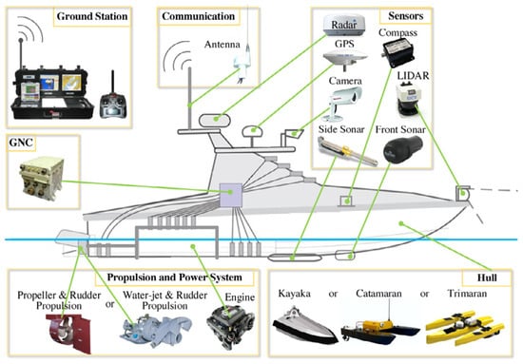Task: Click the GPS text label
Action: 343,44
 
